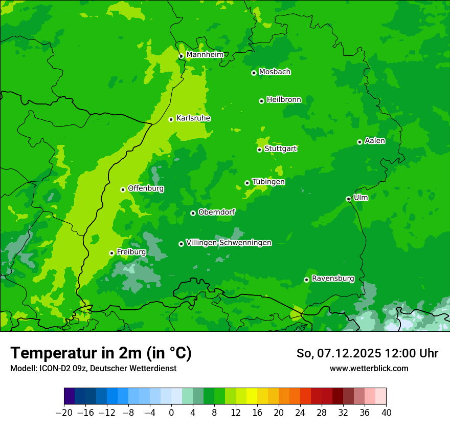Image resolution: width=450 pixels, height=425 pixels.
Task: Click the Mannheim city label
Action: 205,55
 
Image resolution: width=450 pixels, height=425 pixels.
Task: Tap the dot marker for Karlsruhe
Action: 171,119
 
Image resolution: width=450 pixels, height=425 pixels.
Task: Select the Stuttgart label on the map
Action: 280,149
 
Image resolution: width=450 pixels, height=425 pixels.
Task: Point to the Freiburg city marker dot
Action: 111,253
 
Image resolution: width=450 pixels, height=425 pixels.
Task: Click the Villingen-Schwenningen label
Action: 229,243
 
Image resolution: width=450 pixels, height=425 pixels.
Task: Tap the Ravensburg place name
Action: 332,279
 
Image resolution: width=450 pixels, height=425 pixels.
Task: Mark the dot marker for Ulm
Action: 348,199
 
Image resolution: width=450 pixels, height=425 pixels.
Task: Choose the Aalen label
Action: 374,141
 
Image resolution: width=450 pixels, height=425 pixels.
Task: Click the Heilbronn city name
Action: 284,100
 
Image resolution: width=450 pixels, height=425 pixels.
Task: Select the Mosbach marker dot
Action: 254,73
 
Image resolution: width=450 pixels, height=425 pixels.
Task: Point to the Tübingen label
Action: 268,182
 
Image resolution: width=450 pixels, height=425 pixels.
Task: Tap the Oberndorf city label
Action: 216,212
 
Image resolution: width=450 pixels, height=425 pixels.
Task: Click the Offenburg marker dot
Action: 123,189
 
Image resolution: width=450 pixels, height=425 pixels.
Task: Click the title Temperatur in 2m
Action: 101,353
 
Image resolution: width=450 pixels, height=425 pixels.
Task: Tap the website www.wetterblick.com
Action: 369,369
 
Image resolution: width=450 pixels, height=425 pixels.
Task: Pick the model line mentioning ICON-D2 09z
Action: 93,369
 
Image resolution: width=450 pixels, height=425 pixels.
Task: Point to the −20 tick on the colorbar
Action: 64,412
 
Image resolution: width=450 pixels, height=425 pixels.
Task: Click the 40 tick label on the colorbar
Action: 386,412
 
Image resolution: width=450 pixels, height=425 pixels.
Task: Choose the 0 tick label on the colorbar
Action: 171,412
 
